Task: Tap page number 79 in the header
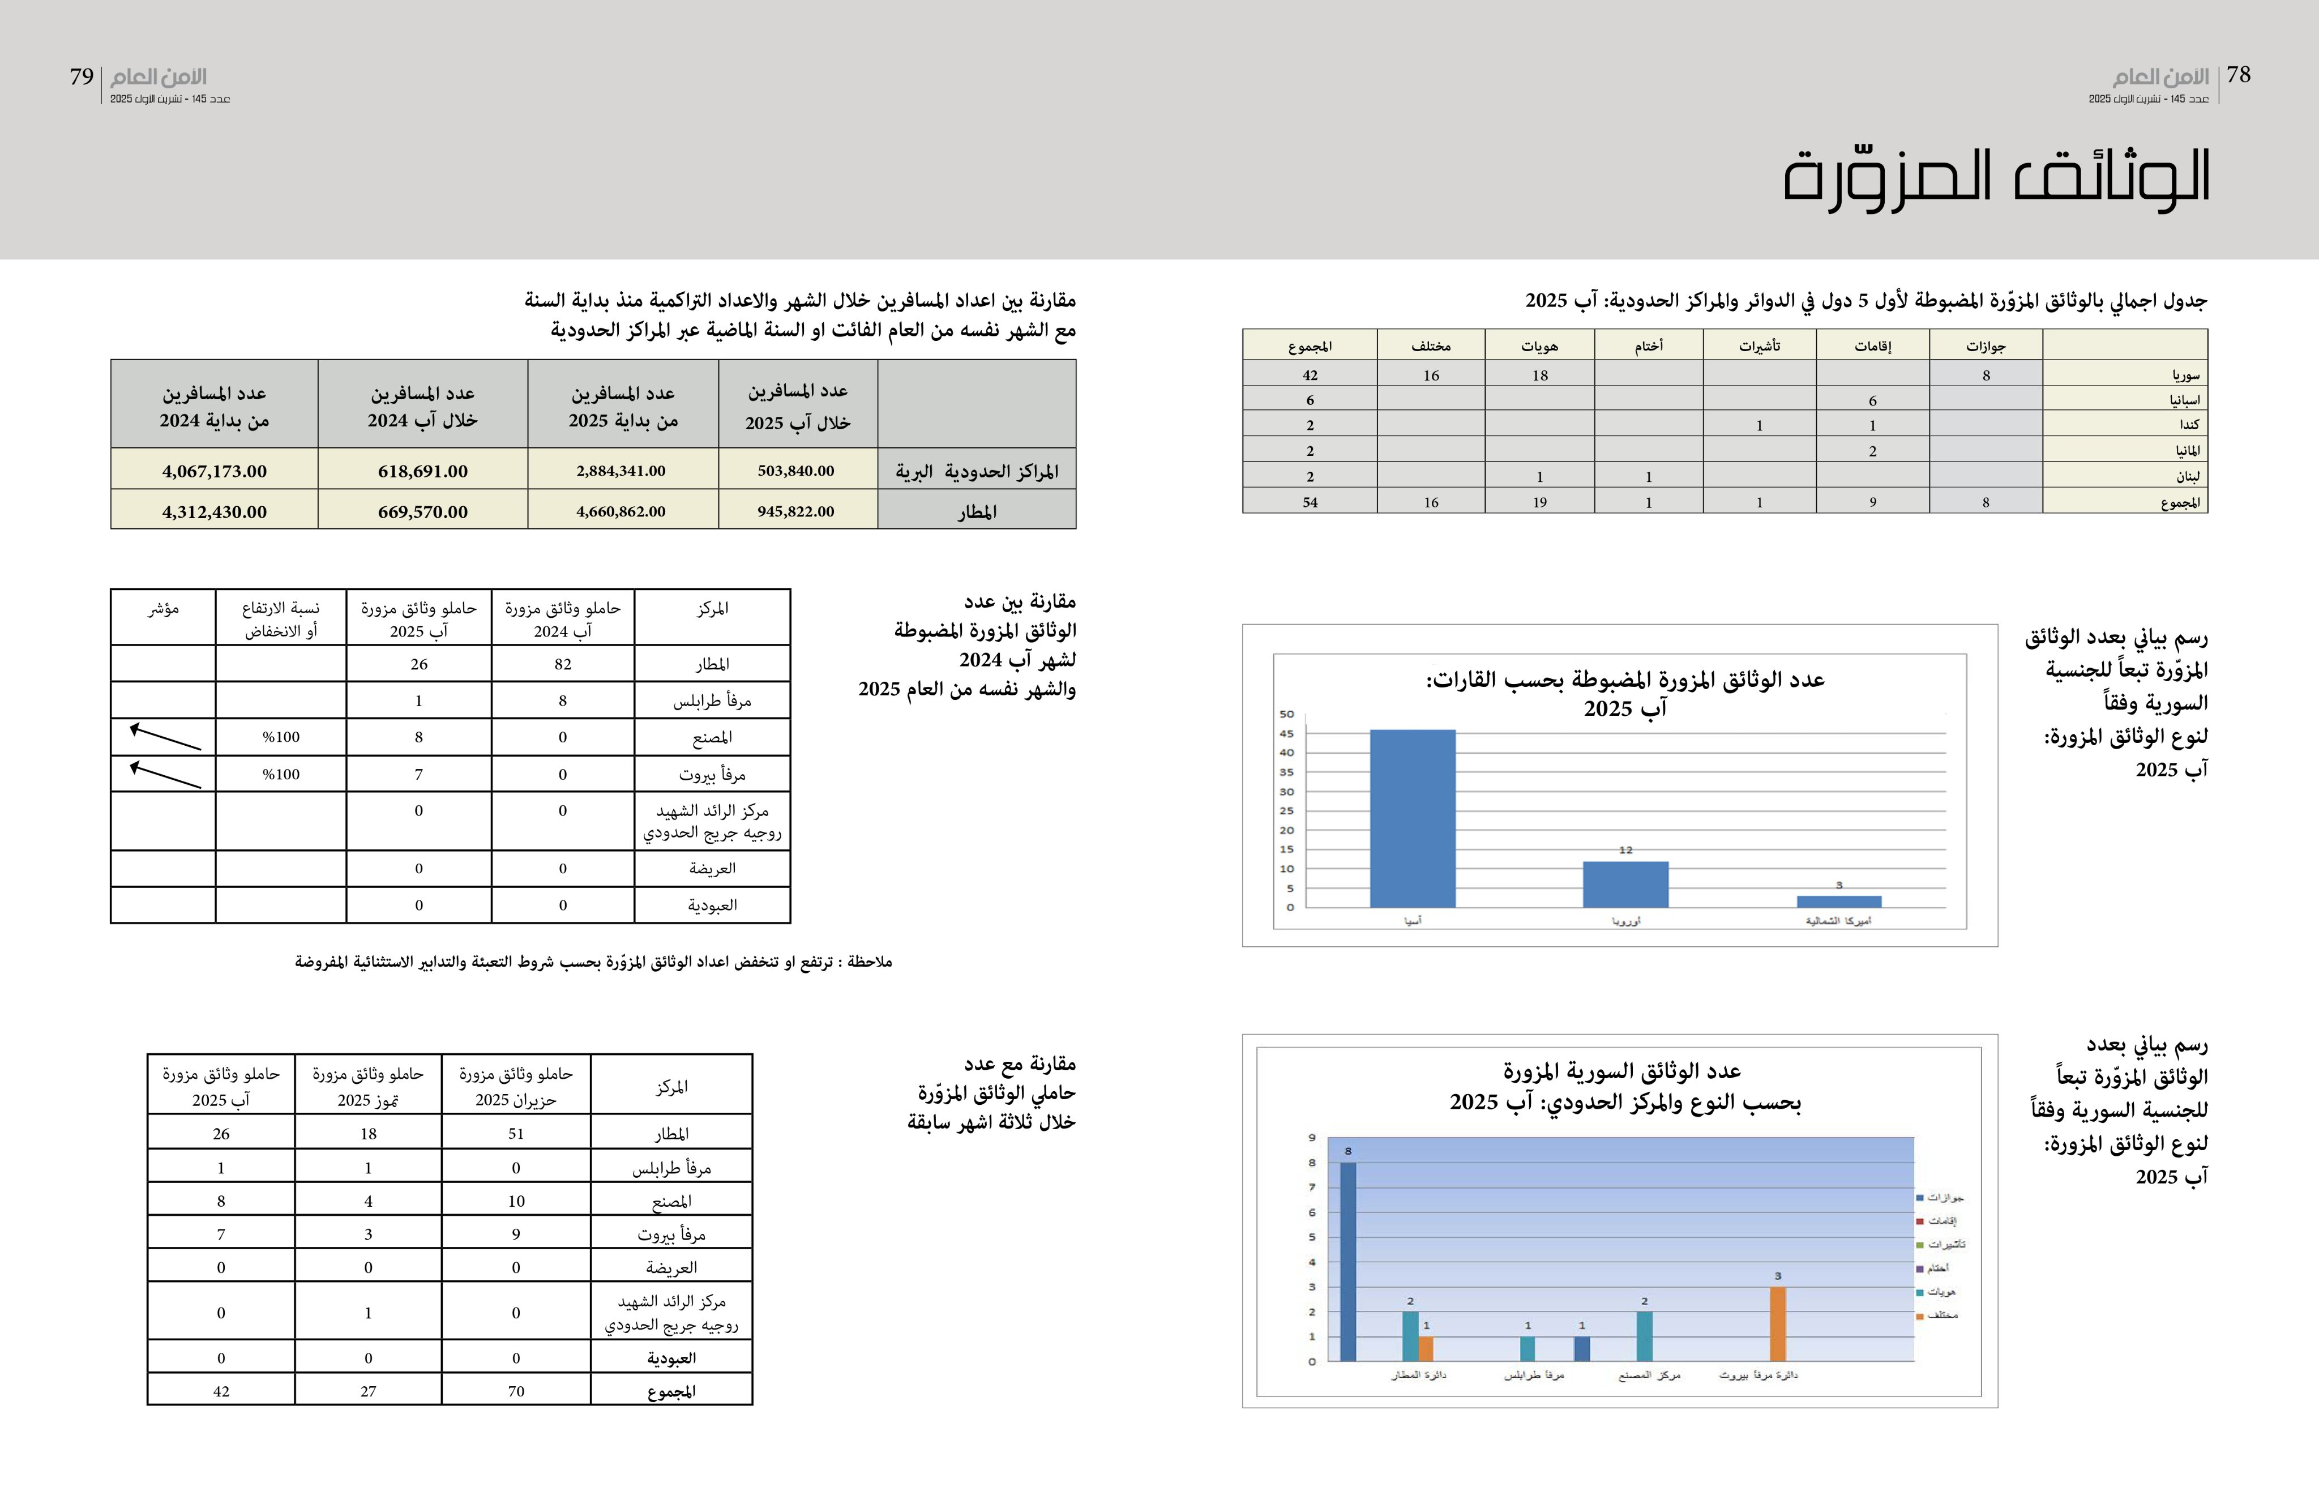click(x=82, y=76)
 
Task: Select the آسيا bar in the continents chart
click(x=1412, y=818)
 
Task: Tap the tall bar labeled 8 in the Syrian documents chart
click(x=1347, y=1261)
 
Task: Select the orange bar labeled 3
click(x=1777, y=1323)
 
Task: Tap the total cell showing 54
click(x=1310, y=502)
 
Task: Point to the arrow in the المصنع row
click(x=165, y=737)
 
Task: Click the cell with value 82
click(x=562, y=664)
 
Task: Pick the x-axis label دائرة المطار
click(x=1419, y=1375)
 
